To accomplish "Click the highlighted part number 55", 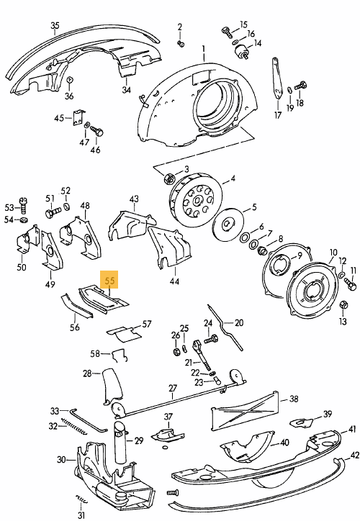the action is [109, 281].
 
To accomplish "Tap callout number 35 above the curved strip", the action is [55, 26].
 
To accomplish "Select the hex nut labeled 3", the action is [168, 179].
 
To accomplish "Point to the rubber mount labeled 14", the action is [243, 53].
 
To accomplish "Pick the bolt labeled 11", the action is [350, 284].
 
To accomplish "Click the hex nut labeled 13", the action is [344, 304].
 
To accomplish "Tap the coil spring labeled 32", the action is [74, 427].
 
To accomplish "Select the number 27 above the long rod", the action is [173, 388].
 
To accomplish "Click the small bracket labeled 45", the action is [78, 118].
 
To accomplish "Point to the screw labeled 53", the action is [24, 206].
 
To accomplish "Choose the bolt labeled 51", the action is [53, 212].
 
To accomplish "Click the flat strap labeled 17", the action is [277, 78].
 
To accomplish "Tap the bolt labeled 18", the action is [300, 86].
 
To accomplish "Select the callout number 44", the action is [174, 281].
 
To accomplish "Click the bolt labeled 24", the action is [211, 339].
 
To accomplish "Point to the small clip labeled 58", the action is [120, 355].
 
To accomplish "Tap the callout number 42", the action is [355, 455].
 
